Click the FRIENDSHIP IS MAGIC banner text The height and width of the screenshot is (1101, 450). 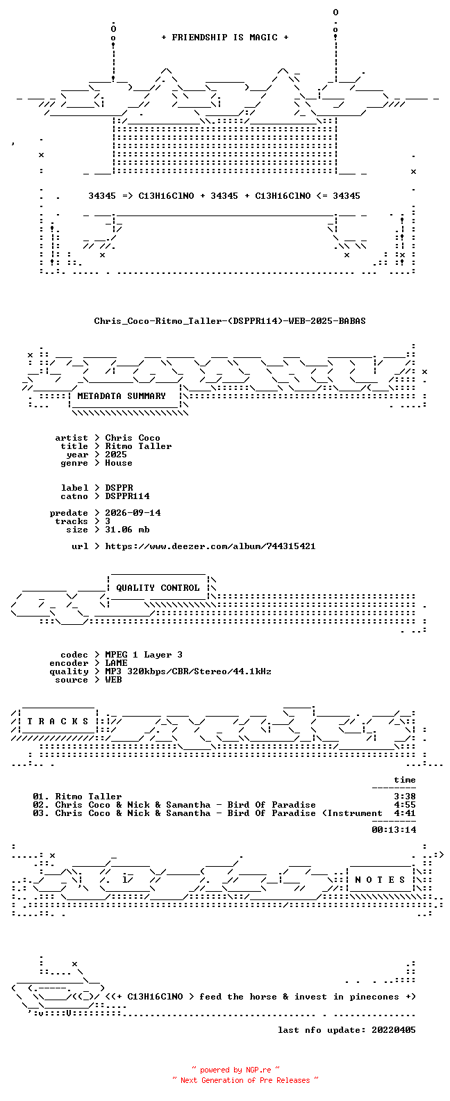(x=225, y=38)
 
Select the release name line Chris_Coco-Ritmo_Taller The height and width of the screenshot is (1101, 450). (x=230, y=321)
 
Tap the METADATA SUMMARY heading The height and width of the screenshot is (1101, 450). (x=122, y=396)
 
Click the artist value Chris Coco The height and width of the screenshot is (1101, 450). (x=133, y=438)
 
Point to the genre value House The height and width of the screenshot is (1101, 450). (x=118, y=463)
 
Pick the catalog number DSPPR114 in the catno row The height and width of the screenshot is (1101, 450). (x=127, y=496)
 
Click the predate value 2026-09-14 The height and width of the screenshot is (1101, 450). (x=133, y=513)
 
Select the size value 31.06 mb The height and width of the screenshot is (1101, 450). (x=127, y=530)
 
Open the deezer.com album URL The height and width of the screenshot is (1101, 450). (x=210, y=546)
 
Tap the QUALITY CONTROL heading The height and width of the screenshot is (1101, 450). (x=158, y=588)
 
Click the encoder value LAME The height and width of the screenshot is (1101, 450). (x=116, y=663)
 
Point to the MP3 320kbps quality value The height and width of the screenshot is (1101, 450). (x=188, y=671)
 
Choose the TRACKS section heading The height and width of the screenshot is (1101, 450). (x=58, y=721)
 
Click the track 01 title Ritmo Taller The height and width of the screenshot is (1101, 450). (x=88, y=797)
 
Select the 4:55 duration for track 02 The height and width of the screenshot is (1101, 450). (x=405, y=805)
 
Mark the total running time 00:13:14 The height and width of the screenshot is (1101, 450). (x=394, y=830)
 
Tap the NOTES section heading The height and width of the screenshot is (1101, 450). (x=381, y=880)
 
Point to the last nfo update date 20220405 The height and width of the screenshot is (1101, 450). (x=394, y=1030)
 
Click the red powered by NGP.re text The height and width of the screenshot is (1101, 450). (x=235, y=1070)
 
